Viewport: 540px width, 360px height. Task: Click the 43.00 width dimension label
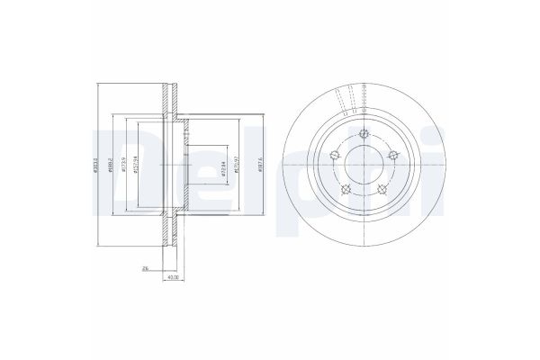click(x=171, y=277)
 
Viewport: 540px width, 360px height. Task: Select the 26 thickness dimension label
click(x=144, y=267)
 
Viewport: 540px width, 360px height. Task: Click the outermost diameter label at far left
click(x=94, y=166)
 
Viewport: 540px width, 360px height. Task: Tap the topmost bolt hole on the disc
click(x=363, y=136)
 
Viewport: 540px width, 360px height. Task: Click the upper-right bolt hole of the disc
click(x=393, y=157)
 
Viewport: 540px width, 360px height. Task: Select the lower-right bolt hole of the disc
click(x=382, y=189)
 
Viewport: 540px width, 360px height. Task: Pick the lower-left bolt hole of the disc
click(x=344, y=189)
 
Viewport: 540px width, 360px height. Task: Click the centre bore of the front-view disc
click(x=363, y=166)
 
